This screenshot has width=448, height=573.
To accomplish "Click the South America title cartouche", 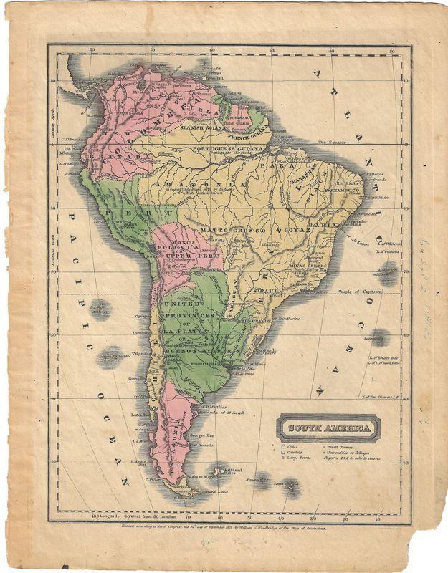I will [x=329, y=428].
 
